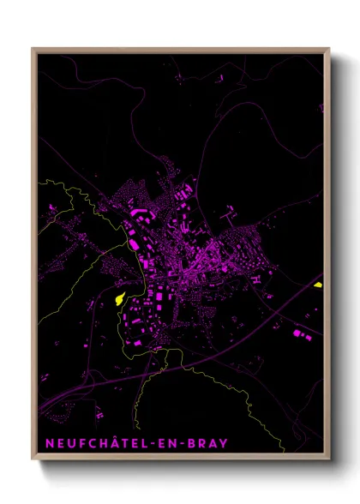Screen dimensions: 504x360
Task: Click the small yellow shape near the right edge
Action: (x=318, y=285)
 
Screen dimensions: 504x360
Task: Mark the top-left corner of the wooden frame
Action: (x=33, y=49)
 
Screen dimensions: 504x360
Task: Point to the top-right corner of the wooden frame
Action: (x=329, y=49)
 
